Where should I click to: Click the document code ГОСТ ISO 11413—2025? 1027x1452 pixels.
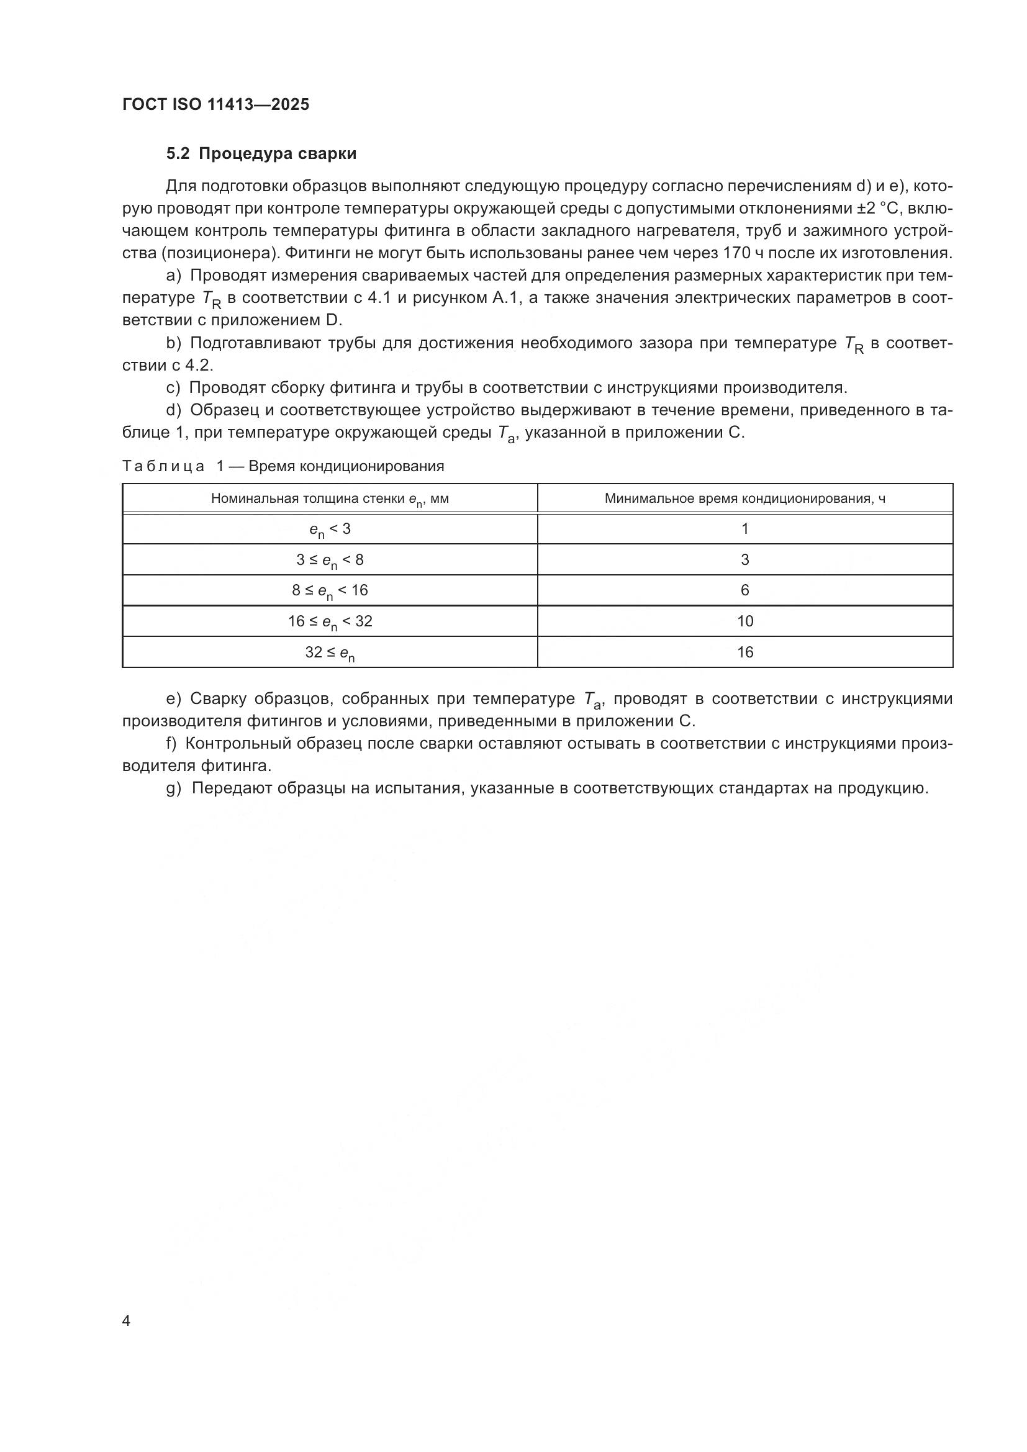(215, 105)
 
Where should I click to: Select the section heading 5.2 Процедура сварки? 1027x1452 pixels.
(261, 154)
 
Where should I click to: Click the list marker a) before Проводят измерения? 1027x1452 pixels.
(173, 276)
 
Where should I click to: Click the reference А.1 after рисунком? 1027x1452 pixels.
(507, 298)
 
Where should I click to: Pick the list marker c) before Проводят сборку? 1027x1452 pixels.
(173, 387)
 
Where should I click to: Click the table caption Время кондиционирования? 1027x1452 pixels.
(346, 466)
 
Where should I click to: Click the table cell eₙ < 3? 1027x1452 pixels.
(330, 530)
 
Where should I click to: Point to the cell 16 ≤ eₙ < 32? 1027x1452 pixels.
(330, 622)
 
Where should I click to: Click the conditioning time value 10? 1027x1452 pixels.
(745, 621)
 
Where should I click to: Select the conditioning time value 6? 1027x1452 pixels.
(745, 590)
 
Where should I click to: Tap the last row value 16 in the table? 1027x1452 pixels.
(745, 652)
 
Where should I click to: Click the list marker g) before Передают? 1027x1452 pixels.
(174, 788)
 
